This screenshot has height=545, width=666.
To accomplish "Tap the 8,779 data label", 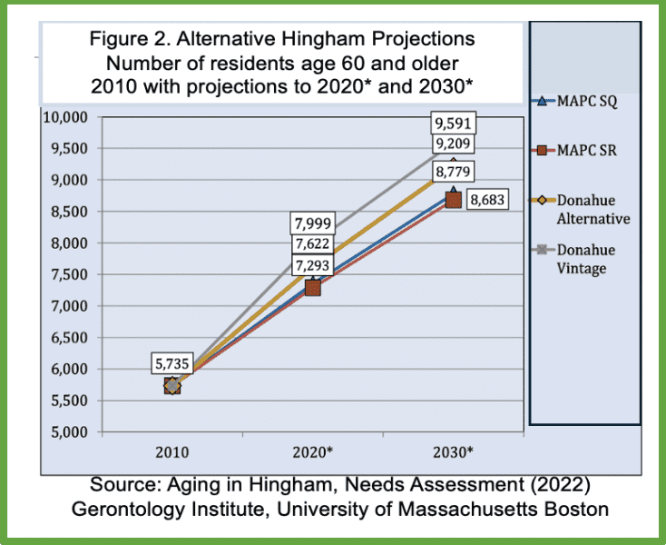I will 453,170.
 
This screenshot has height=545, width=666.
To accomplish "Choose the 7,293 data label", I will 311,267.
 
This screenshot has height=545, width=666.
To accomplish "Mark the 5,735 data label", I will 171,364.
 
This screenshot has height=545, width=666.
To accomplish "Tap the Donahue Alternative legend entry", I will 594,209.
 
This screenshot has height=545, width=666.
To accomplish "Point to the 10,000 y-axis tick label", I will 63,118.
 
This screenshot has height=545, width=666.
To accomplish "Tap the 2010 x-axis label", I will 171,451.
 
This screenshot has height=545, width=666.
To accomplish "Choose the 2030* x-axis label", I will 453,451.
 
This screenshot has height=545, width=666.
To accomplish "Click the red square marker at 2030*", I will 453,200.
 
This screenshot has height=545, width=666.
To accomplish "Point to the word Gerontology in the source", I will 122,508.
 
